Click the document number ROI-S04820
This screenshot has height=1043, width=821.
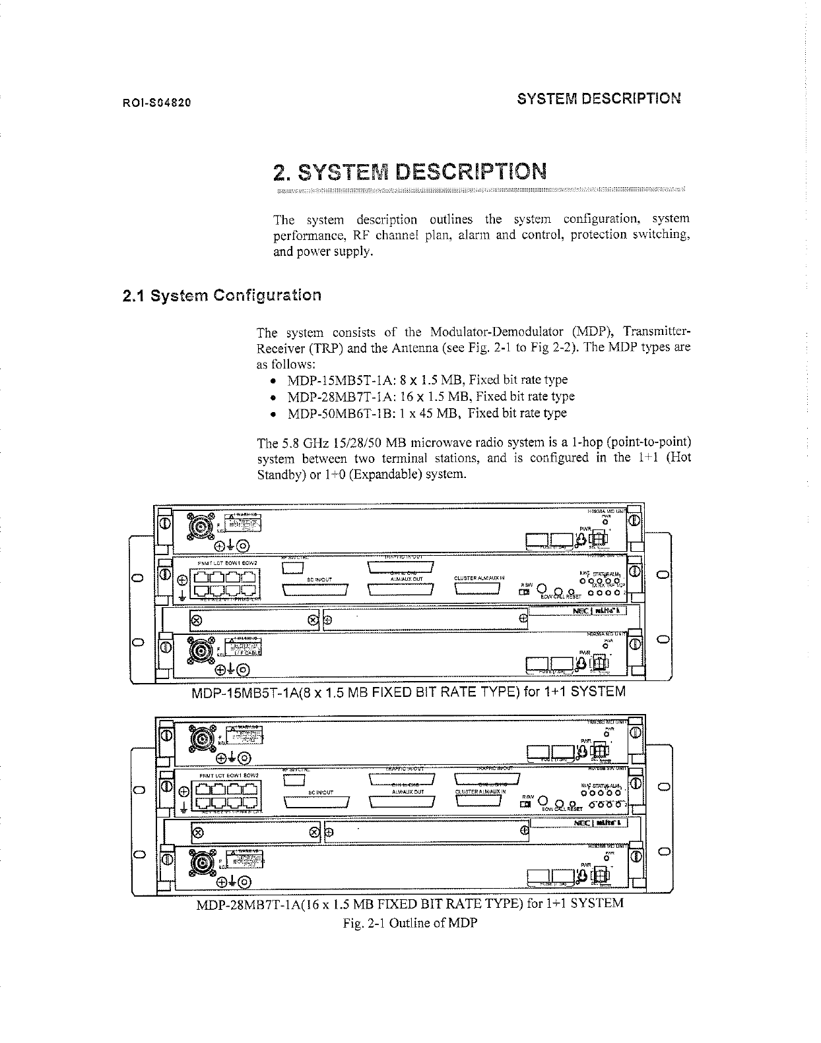click(x=156, y=103)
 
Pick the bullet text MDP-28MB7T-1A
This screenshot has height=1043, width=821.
click(x=341, y=397)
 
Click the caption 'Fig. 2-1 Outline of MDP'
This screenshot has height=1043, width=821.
click(x=410, y=923)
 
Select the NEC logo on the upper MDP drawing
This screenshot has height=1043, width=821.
click(x=584, y=611)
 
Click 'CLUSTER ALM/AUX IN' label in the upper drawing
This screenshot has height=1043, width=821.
click(x=480, y=578)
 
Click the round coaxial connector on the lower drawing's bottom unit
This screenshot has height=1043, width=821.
click(x=199, y=862)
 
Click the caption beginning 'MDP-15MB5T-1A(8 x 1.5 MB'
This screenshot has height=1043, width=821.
click(x=409, y=692)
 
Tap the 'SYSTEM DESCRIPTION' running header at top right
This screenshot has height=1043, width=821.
click(x=599, y=99)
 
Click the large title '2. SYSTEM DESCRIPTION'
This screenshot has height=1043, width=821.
click(x=410, y=172)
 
